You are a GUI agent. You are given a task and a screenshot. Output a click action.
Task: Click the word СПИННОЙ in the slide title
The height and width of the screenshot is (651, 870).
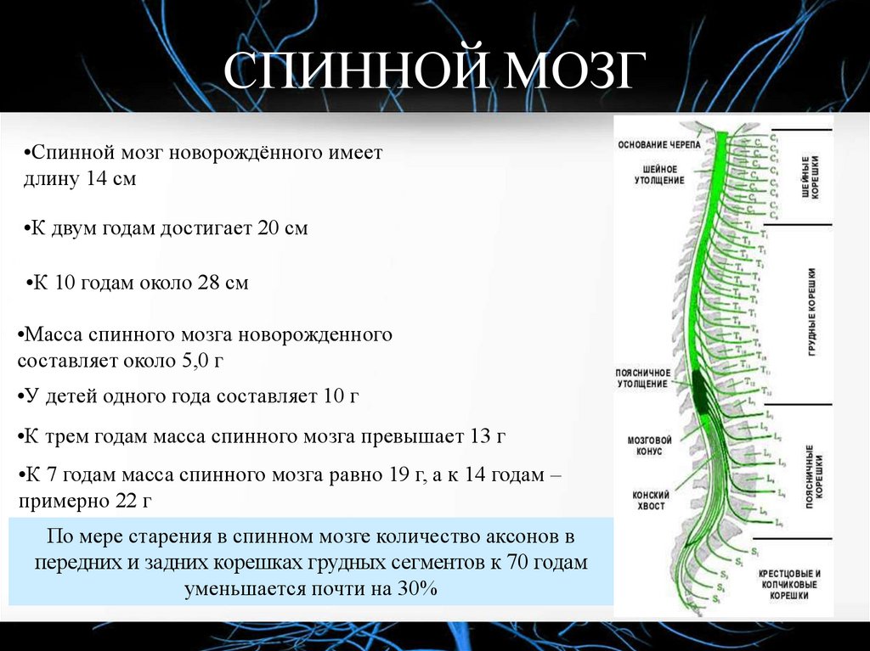349,71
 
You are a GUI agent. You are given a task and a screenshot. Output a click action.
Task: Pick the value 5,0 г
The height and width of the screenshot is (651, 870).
201,360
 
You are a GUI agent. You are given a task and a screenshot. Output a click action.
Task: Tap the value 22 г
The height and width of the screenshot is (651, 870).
133,501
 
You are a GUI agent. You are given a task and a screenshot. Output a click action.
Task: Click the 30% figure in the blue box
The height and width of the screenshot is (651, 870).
415,587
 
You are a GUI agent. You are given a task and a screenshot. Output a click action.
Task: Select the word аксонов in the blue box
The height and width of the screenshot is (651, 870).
533,536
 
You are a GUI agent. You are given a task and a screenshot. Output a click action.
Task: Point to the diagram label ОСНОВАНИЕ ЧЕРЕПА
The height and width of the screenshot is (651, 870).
659,144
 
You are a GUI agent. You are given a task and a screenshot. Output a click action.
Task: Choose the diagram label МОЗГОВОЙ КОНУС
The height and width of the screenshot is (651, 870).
650,446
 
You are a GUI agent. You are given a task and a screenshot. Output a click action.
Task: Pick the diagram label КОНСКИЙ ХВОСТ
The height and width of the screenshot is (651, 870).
650,500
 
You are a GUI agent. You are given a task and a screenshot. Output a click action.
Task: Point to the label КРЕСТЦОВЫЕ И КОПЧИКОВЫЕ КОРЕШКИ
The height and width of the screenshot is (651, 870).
789,585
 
